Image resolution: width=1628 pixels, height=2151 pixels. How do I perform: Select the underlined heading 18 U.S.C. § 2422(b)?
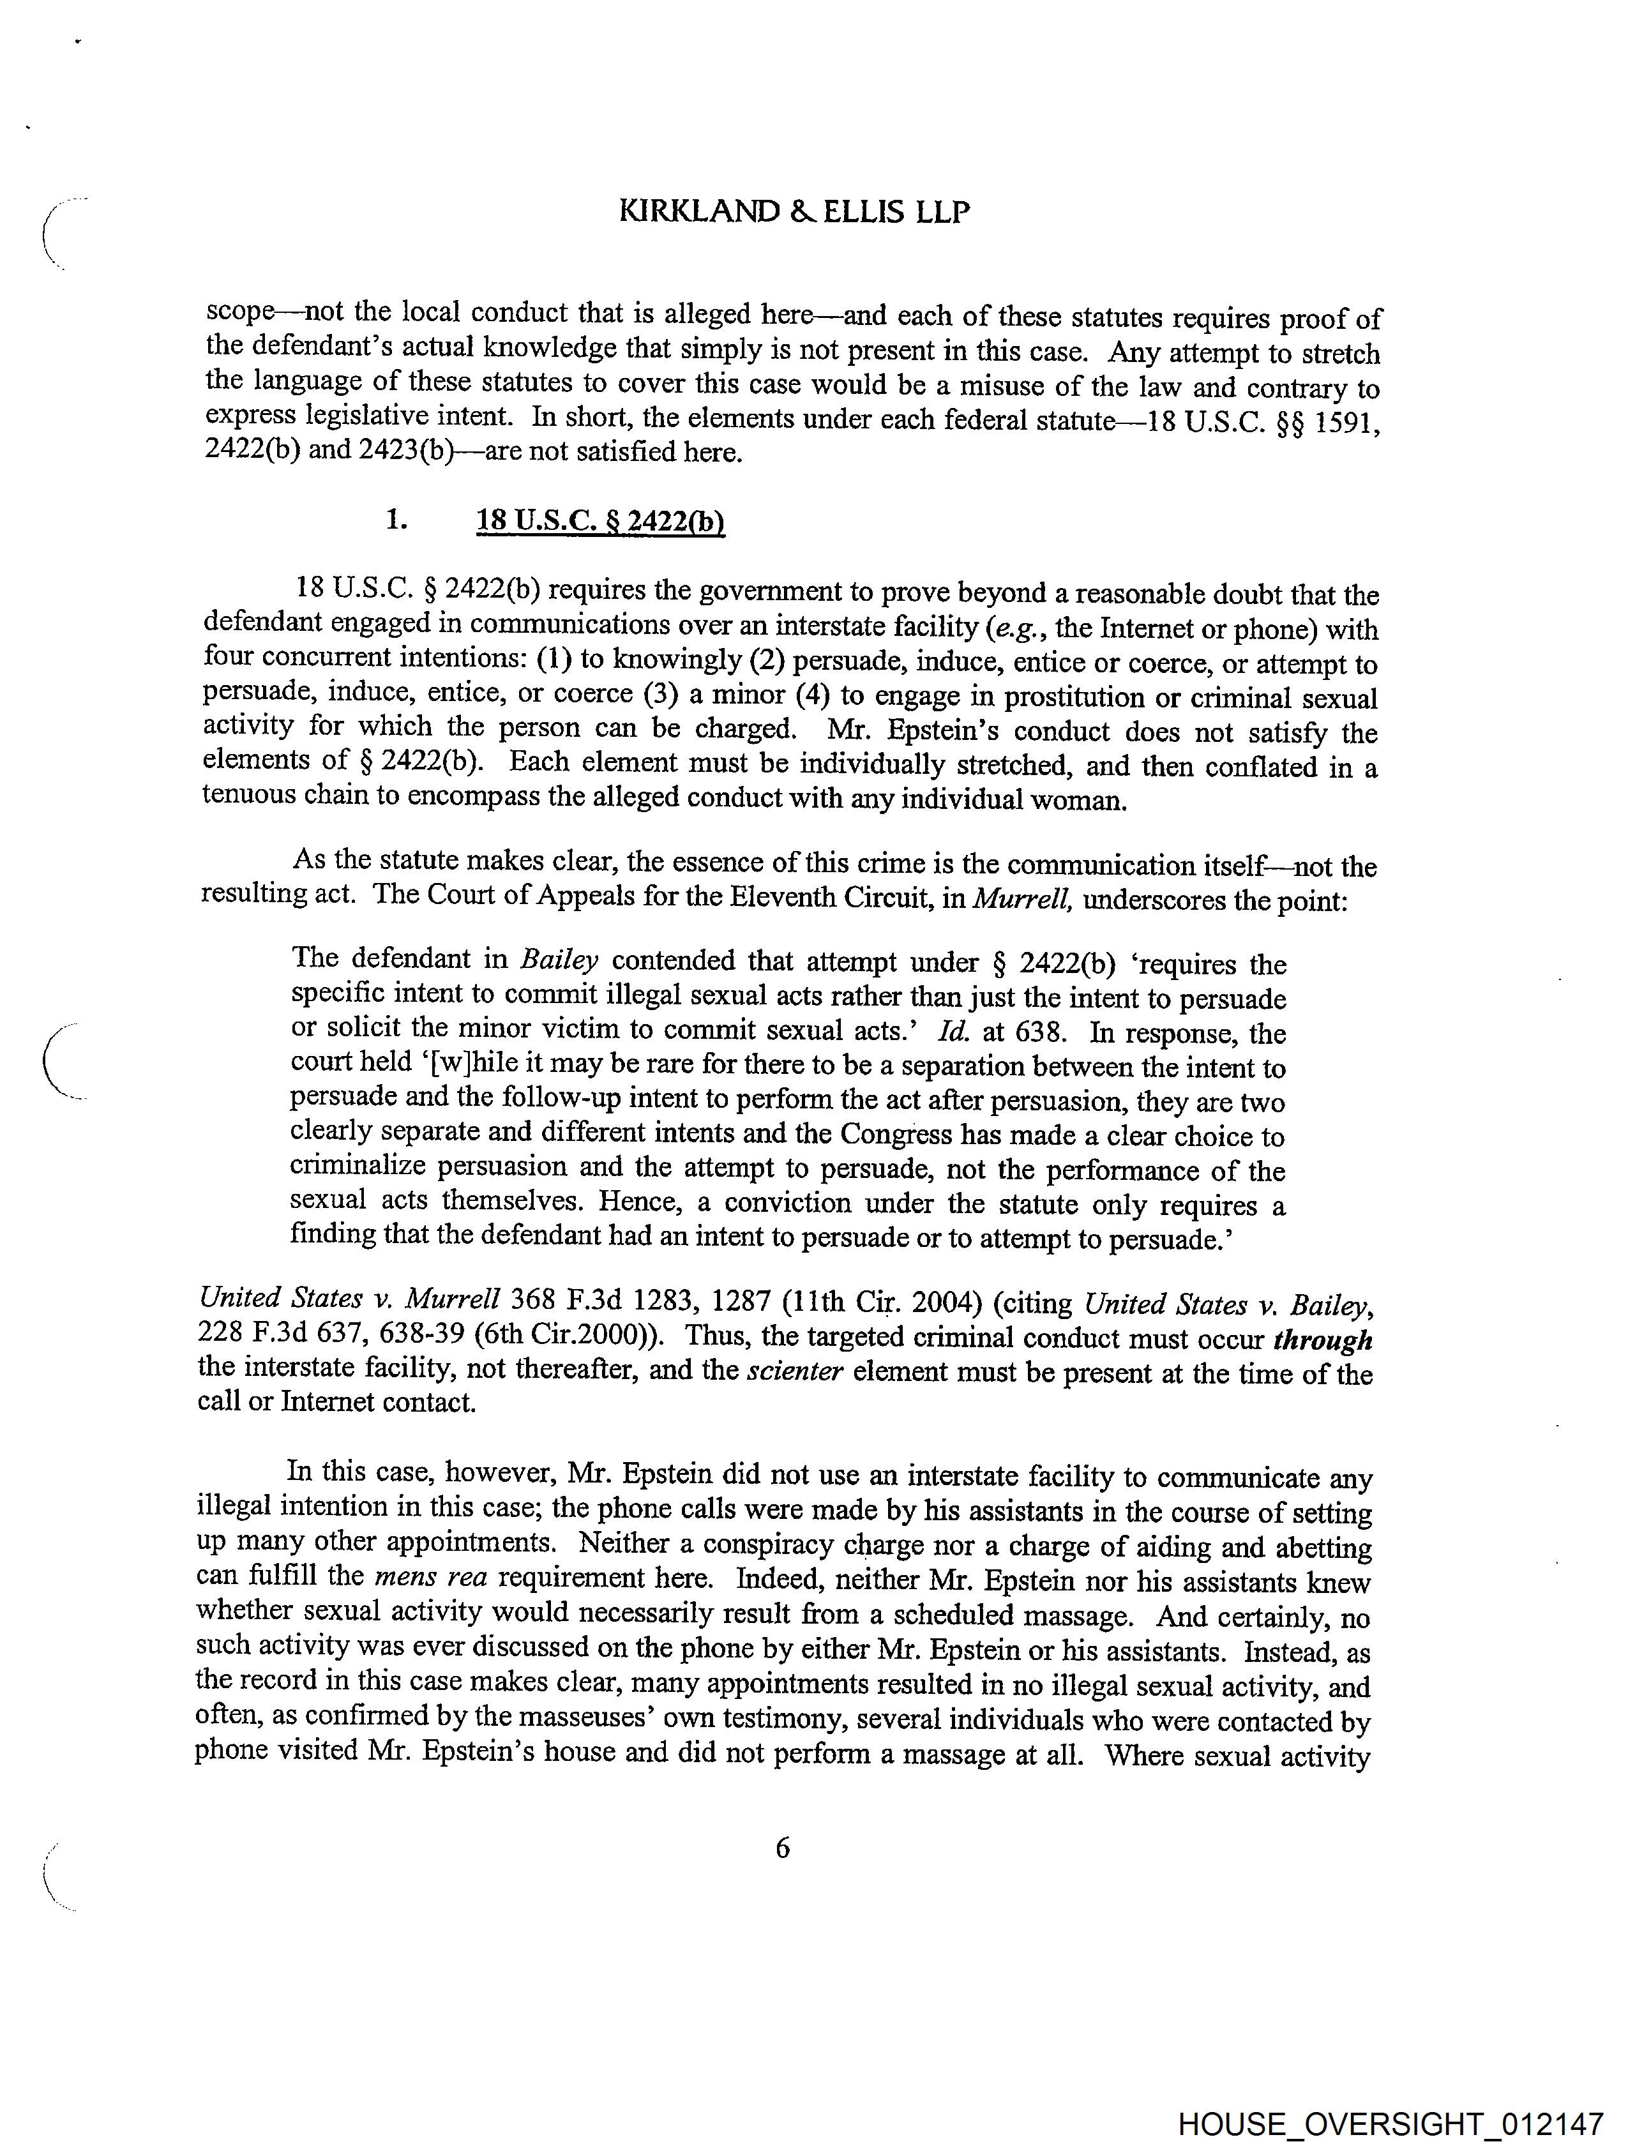point(600,522)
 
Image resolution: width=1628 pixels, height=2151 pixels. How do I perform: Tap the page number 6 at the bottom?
point(783,1848)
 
